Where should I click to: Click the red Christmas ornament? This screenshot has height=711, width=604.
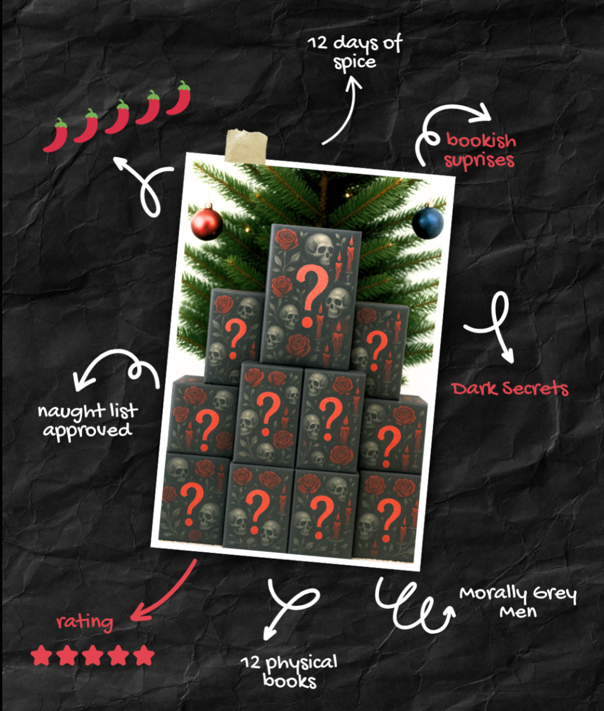pos(207,222)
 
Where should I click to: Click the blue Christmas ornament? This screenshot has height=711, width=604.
pos(428,221)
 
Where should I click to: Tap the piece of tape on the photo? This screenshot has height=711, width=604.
pos(246,146)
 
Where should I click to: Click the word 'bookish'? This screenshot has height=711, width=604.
pos(481,141)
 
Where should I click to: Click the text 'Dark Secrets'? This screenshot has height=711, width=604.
pos(510,389)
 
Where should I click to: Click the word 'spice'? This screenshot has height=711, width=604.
pos(355,63)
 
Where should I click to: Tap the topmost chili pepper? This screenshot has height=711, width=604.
pos(179,98)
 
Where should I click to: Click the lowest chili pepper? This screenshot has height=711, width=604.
pos(55,135)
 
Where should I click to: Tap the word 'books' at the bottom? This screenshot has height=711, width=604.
pos(290,681)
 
